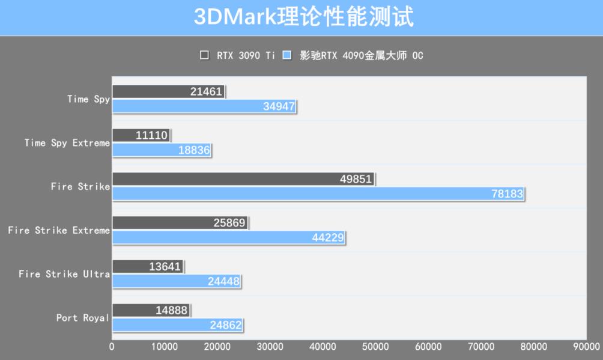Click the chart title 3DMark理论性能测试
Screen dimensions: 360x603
(x=303, y=17)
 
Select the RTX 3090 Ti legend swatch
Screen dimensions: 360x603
(x=204, y=55)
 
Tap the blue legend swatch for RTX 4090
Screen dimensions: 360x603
(x=287, y=55)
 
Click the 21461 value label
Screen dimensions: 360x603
(x=207, y=92)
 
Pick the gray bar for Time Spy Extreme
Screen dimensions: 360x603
(x=141, y=135)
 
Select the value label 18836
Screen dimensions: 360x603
(x=194, y=150)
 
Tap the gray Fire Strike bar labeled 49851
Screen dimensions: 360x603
(x=243, y=179)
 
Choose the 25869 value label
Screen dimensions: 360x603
(x=229, y=223)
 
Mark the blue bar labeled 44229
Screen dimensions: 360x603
(x=228, y=237)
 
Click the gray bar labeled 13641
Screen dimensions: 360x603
(x=147, y=266)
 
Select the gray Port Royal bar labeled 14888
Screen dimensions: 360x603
(x=151, y=310)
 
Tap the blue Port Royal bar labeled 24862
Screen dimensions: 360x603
(x=177, y=325)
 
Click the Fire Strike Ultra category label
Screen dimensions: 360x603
(x=64, y=274)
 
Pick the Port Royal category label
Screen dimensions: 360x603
(x=83, y=317)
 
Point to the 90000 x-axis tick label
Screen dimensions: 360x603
(x=586, y=347)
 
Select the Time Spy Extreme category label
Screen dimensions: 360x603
(x=67, y=143)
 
